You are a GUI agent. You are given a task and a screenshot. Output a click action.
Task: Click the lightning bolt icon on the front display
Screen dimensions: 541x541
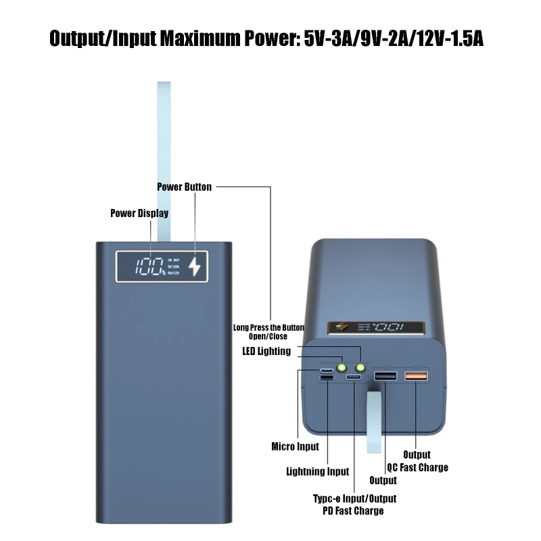(x=196, y=267)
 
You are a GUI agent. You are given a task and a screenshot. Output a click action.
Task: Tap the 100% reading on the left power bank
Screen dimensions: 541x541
(x=149, y=266)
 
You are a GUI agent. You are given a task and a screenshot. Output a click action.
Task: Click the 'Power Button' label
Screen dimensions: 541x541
(x=184, y=187)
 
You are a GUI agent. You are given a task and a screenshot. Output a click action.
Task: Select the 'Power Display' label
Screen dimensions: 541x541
(x=139, y=214)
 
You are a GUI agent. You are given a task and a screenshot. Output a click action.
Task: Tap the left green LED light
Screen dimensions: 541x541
(x=342, y=368)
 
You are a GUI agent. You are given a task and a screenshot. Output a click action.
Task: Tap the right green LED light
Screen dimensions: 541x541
(x=360, y=368)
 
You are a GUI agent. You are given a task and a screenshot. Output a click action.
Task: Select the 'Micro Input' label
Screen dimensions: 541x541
(x=294, y=446)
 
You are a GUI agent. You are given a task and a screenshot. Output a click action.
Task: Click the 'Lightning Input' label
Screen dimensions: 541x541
(x=317, y=471)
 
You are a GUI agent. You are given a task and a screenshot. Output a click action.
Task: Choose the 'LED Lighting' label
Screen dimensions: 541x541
(x=266, y=351)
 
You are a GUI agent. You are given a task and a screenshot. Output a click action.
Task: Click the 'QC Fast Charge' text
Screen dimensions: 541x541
(x=417, y=467)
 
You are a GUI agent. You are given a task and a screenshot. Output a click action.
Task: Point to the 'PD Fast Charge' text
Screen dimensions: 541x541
(x=354, y=511)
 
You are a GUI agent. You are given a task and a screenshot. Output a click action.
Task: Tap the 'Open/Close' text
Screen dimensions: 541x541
(x=268, y=336)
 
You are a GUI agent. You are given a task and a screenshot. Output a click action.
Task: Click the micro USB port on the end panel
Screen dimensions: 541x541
(x=327, y=370)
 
